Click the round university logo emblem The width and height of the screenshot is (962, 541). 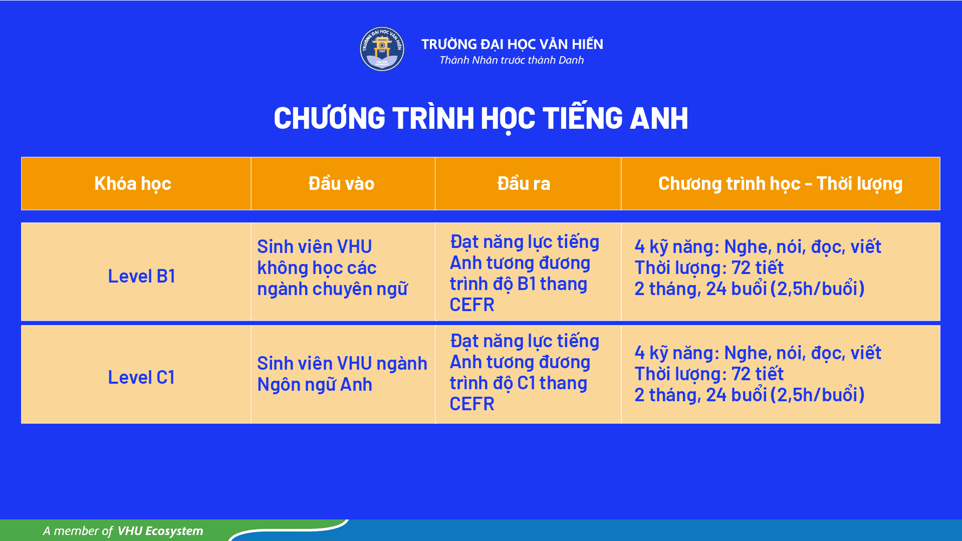(382, 49)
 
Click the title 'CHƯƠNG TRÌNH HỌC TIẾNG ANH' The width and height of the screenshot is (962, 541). (481, 118)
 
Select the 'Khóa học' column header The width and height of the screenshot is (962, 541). (133, 184)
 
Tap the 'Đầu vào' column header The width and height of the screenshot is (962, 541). (342, 183)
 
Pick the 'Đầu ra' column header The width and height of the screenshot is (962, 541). (524, 183)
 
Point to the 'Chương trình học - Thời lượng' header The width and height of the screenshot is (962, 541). (780, 184)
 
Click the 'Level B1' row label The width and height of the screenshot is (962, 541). (141, 276)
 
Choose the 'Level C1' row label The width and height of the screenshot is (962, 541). (141, 377)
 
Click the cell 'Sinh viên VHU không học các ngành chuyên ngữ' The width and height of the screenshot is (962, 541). (332, 268)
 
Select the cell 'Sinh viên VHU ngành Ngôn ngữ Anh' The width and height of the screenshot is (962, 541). (342, 374)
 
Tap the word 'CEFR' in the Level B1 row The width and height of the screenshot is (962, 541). (472, 305)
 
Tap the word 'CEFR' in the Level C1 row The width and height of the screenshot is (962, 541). (472, 404)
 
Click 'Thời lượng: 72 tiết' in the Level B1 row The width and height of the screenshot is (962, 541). (709, 268)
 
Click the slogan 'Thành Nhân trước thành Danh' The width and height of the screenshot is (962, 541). (512, 60)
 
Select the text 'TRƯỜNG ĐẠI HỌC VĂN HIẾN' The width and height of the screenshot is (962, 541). (512, 44)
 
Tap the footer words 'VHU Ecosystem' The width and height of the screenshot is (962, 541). (160, 531)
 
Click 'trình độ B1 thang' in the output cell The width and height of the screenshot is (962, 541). (519, 284)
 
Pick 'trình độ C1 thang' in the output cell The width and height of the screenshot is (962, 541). (519, 383)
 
